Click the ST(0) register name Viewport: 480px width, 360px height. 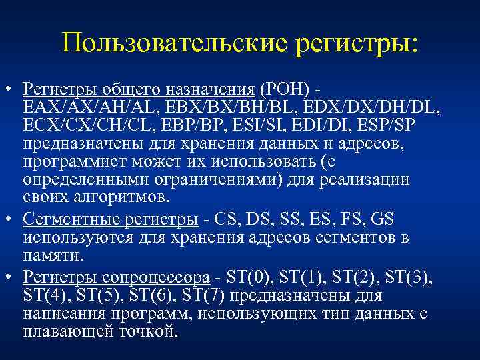(x=255, y=275)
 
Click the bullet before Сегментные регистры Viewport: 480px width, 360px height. (x=10, y=219)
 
